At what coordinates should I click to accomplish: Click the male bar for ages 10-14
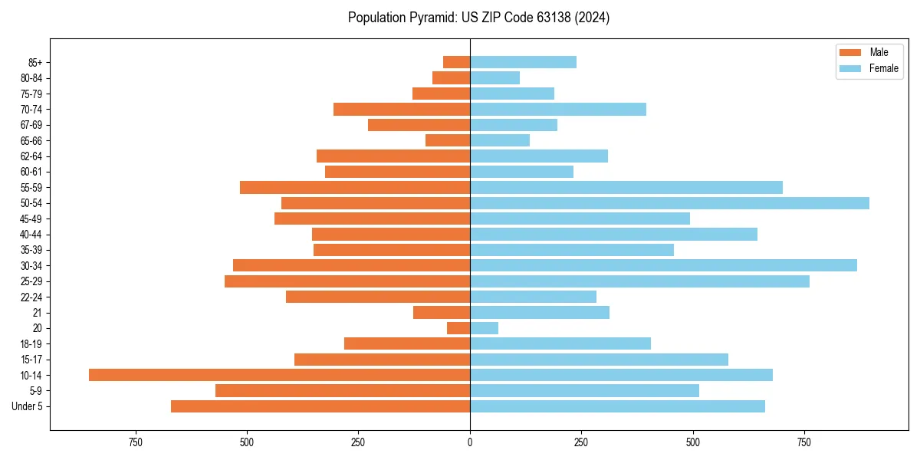point(279,375)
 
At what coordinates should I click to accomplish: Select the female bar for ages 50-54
point(669,203)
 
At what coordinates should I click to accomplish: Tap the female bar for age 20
point(484,328)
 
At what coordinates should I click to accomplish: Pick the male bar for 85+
point(456,62)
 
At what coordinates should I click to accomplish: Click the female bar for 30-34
point(663,265)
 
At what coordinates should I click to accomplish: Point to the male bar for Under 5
point(320,406)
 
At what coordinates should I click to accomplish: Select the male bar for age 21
point(442,312)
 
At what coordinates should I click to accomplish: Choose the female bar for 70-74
point(558,110)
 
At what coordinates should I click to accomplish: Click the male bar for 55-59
point(355,187)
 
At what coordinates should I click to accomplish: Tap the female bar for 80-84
point(495,77)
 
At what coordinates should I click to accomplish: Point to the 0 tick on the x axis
point(470,442)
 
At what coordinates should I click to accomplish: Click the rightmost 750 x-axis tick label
point(804,442)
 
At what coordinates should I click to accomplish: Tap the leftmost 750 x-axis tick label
point(136,442)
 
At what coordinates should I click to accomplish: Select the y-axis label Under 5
point(28,406)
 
